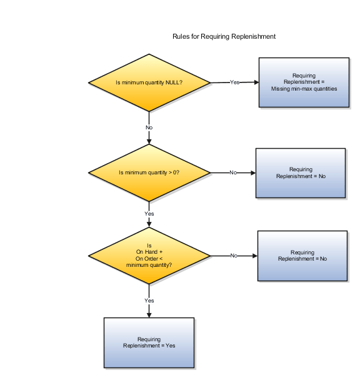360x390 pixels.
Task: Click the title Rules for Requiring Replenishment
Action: pos(224,37)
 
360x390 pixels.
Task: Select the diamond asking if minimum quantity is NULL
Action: pos(149,82)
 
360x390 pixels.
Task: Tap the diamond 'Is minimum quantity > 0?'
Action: pos(149,172)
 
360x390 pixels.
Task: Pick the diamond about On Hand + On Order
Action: pos(149,256)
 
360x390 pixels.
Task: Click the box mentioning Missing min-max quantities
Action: pos(304,82)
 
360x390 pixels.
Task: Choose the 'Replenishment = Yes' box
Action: pos(149,342)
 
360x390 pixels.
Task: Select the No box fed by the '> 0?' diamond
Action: pos(301,173)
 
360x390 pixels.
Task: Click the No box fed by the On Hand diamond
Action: pos(302,255)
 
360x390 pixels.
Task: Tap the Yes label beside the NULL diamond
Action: pos(235,82)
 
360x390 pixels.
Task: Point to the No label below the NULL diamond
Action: pos(149,127)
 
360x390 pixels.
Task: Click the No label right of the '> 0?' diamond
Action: pos(233,172)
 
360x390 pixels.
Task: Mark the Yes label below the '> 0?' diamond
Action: pos(149,214)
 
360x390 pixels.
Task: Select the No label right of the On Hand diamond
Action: pos(234,256)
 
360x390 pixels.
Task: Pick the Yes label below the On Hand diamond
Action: pos(149,301)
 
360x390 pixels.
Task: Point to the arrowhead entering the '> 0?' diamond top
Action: pos(149,142)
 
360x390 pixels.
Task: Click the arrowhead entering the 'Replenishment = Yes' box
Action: pos(149,314)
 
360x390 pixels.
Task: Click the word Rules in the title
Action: pos(179,37)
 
